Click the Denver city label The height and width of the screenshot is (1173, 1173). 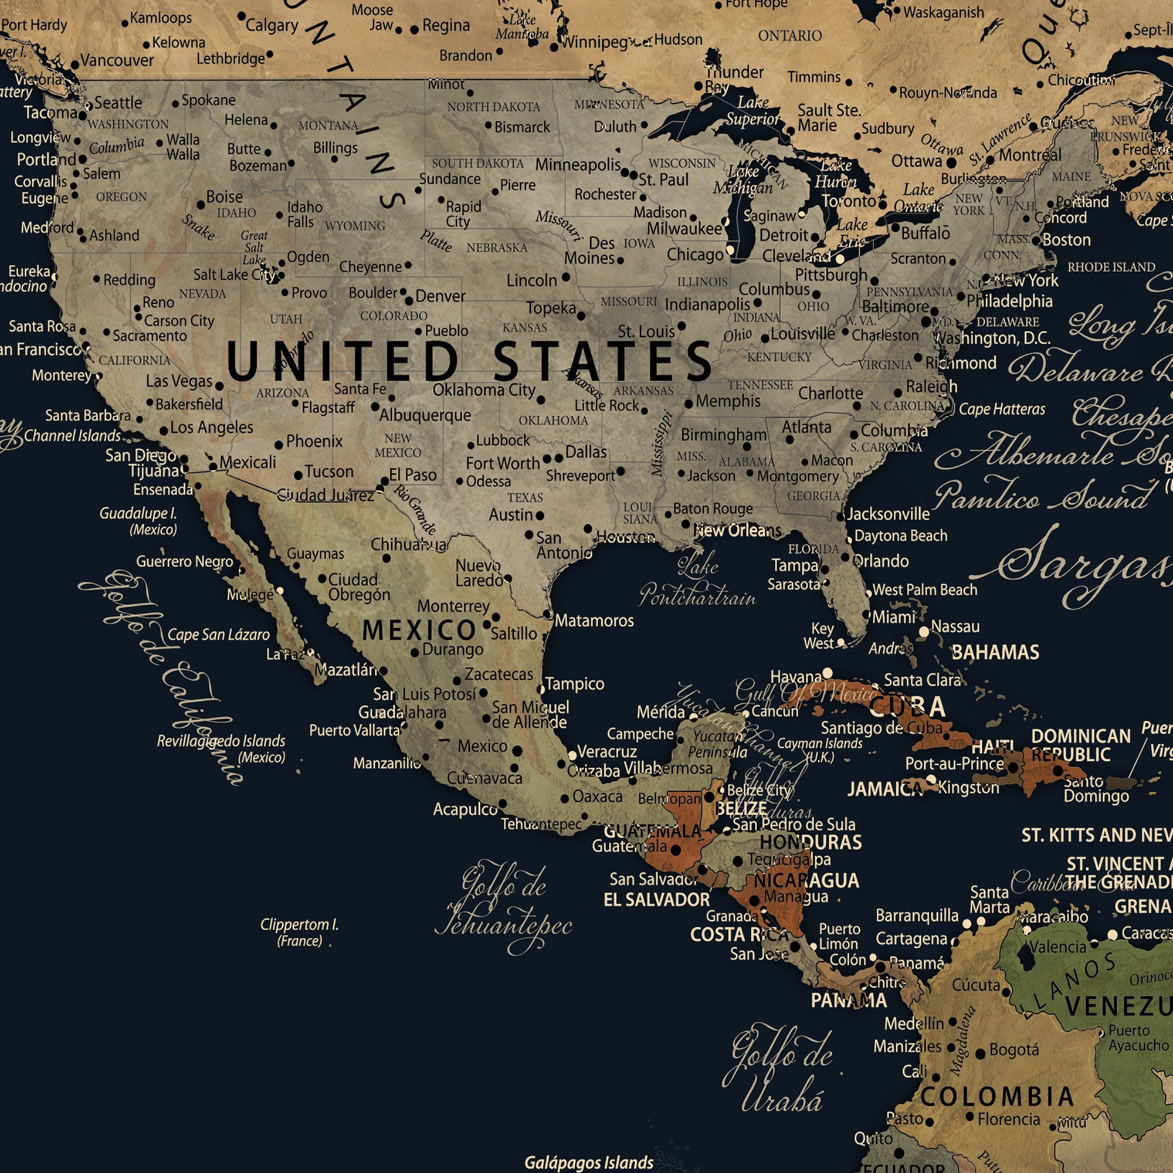click(440, 296)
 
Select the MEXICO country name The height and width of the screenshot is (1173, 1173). click(419, 631)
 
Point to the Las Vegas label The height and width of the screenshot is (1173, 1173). click(179, 381)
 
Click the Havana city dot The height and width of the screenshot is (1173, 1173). click(827, 673)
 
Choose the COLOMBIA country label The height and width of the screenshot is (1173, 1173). click(998, 1097)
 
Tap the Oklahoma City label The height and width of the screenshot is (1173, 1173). click(483, 390)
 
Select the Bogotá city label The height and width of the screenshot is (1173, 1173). click(1014, 1050)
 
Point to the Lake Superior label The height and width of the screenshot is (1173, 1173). click(753, 110)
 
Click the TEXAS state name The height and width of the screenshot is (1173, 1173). click(525, 498)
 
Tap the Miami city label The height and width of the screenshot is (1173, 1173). click(894, 618)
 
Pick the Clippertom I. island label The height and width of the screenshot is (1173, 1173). click(299, 933)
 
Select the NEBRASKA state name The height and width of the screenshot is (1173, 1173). click(497, 248)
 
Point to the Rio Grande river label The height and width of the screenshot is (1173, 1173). click(415, 507)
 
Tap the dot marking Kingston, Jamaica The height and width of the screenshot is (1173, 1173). click(931, 780)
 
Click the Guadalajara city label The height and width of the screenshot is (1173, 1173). click(402, 712)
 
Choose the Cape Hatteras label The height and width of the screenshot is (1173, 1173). click(1002, 409)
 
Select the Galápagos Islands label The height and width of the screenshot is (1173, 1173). click(589, 1162)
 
